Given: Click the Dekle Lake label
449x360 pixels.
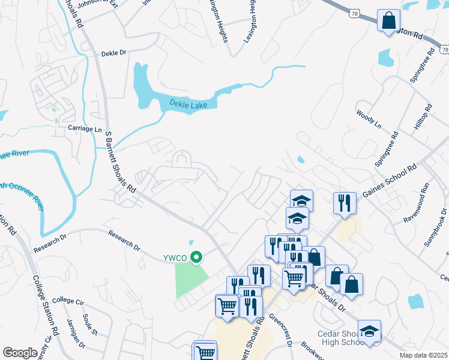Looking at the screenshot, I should (187, 105).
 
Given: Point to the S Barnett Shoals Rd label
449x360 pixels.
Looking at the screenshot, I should (120, 162).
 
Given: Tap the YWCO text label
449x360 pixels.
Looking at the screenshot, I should (174, 258).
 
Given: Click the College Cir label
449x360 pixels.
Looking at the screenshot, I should (67, 300).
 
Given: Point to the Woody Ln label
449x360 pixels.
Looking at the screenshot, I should (368, 119).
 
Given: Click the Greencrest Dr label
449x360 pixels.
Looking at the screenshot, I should (280, 331).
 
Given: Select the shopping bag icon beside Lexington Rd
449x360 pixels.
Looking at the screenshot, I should (389, 20).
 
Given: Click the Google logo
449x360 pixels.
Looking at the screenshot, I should (20, 353).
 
